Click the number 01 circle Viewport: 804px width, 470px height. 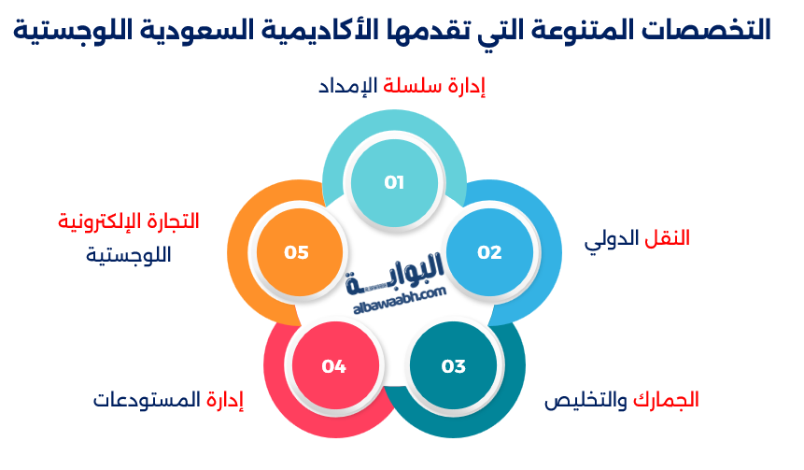pyautogui.click(x=393, y=182)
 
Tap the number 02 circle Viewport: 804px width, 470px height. pyautogui.click(x=489, y=252)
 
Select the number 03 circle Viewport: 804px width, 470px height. pyautogui.click(x=453, y=366)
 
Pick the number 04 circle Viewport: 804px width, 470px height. pyautogui.click(x=333, y=366)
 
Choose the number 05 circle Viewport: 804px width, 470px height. pyautogui.click(x=296, y=252)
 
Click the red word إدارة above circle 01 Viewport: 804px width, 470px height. pyautogui.click(x=464, y=88)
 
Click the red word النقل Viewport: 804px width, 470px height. pyautogui.click(x=668, y=237)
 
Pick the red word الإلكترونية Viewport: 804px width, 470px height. pyautogui.click(x=91, y=221)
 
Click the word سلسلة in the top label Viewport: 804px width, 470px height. pyautogui.click(x=412, y=88)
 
